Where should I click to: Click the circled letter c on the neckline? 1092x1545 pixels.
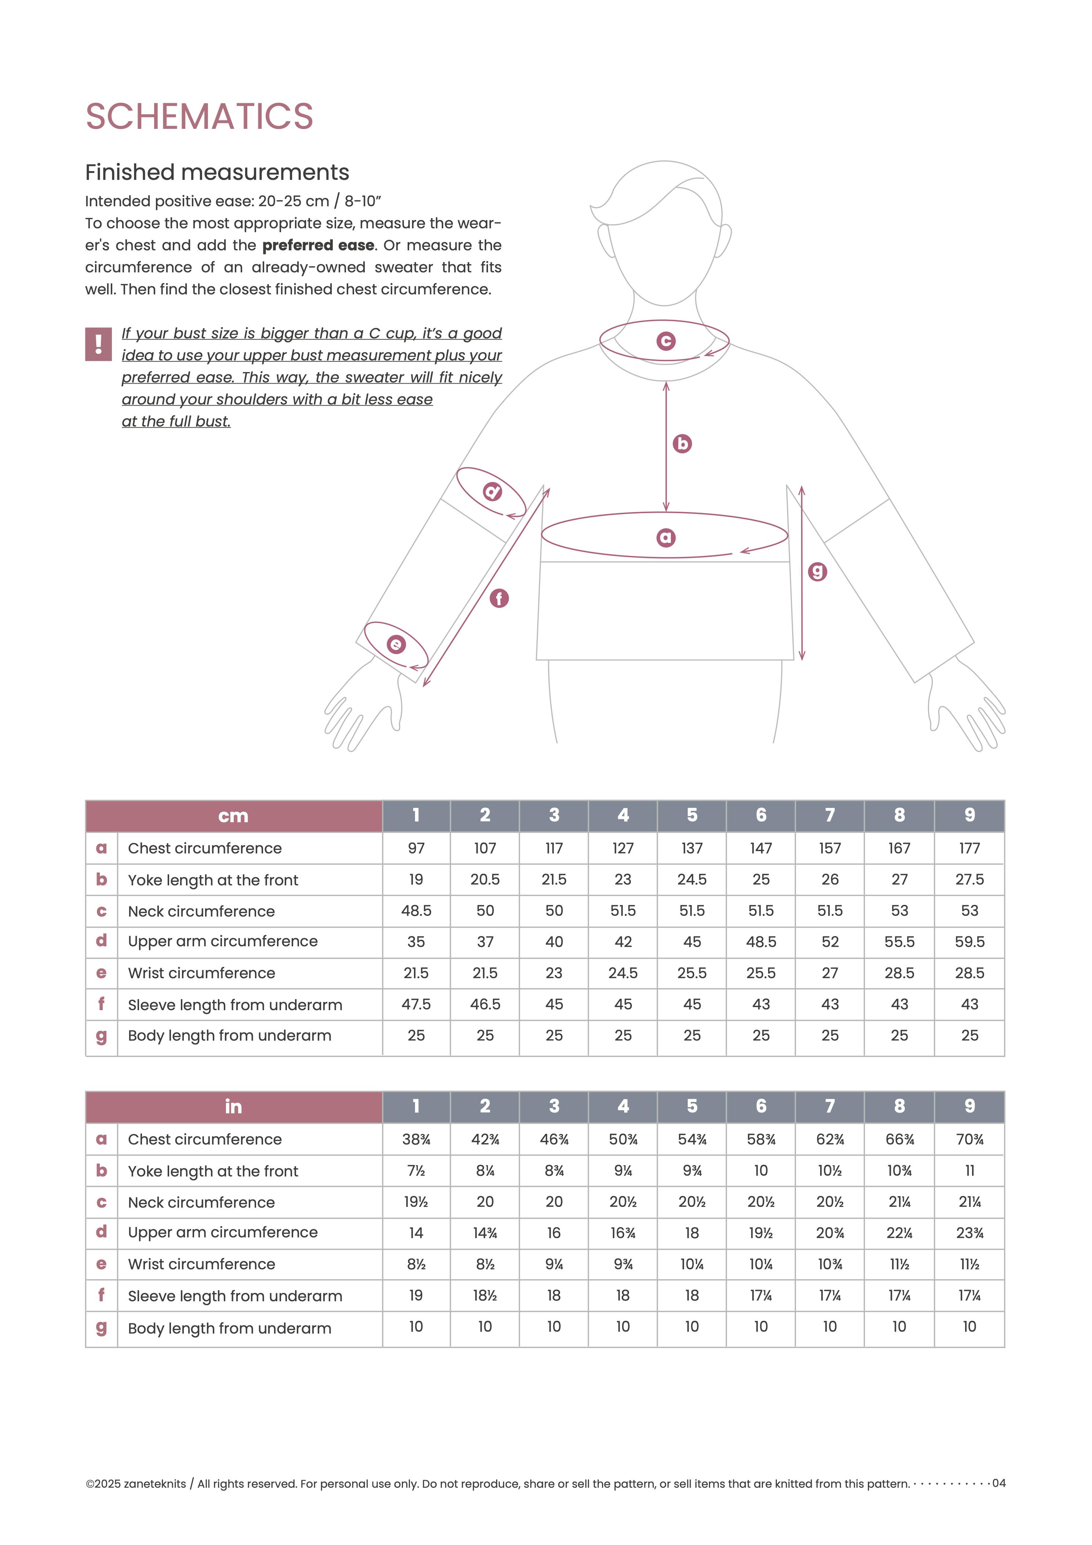point(665,341)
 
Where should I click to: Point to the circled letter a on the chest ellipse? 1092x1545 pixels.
point(665,538)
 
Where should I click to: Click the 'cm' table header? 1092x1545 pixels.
point(233,816)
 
